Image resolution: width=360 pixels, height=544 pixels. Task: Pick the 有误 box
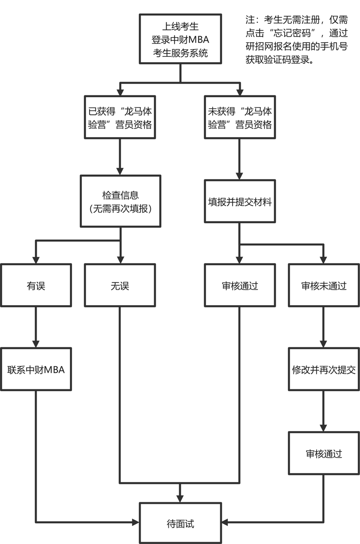pos(36,285)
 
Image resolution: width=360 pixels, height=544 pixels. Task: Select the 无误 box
pos(120,285)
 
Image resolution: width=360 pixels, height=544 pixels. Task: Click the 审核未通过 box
pos(323,285)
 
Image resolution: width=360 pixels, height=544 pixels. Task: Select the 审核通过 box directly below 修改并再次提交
pos(323,453)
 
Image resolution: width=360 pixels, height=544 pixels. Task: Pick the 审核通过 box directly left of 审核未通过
pos(240,285)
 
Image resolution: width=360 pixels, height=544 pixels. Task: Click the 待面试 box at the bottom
pos(180,523)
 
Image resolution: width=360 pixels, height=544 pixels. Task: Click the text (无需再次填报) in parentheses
pos(120,208)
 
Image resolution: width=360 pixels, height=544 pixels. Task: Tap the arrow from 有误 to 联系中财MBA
pos(36,327)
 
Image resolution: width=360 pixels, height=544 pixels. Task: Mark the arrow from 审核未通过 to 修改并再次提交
pos(323,327)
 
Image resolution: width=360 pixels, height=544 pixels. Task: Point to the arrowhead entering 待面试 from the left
pos(135,522)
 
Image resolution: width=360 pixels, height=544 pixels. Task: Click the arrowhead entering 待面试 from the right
pos(225,522)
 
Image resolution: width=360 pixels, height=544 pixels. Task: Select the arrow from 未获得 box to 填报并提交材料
pos(240,159)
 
